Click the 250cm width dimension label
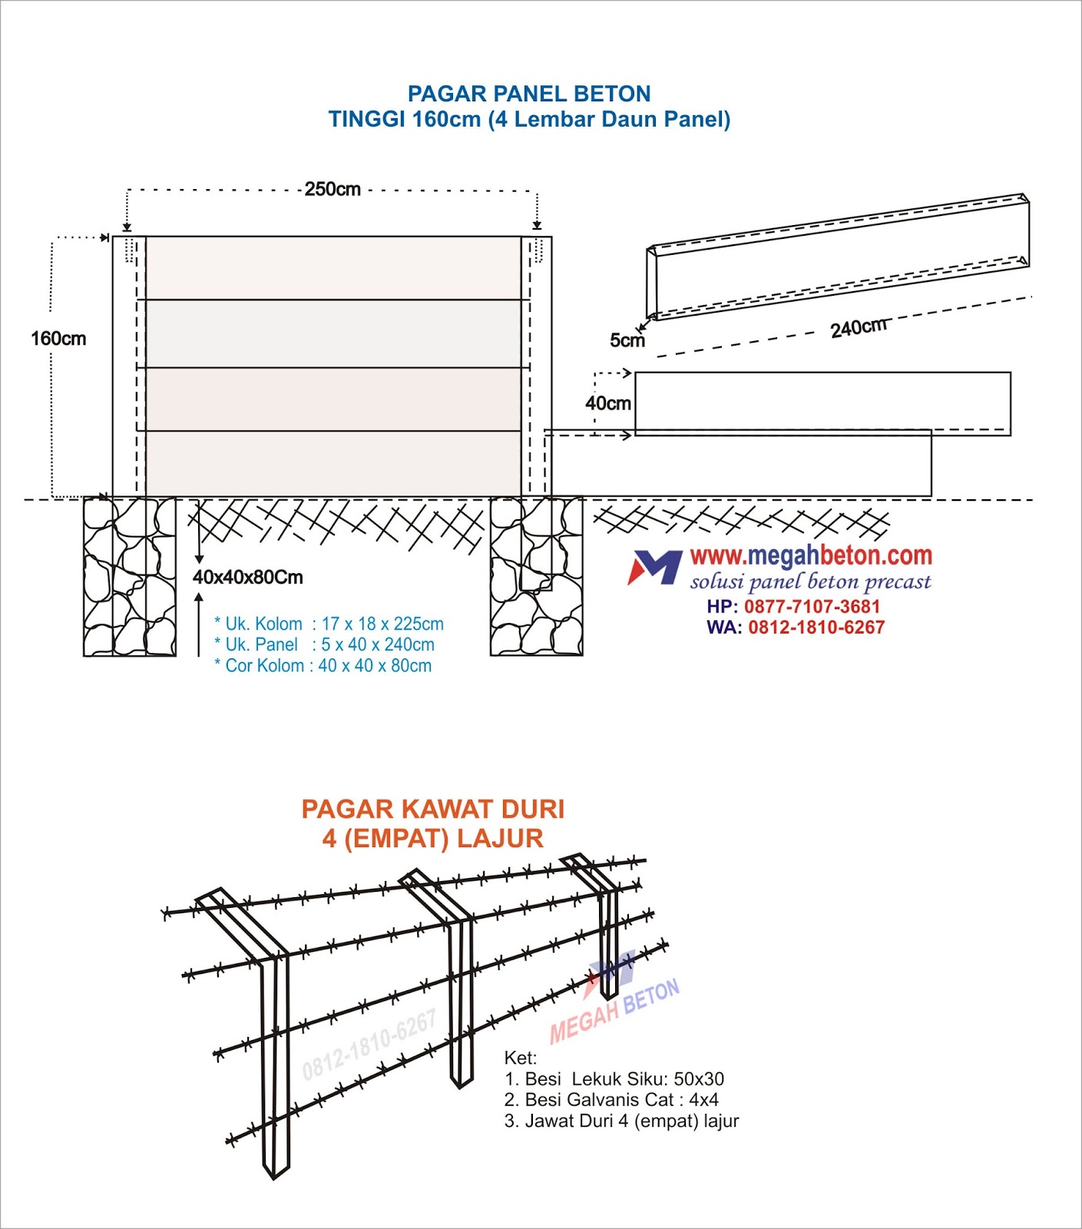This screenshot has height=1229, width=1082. click(x=333, y=189)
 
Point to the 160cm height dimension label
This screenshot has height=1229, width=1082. click(x=58, y=339)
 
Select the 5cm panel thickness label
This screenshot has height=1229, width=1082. click(x=627, y=340)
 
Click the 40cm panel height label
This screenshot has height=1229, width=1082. click(x=608, y=403)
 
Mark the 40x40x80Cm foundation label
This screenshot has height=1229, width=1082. click(x=248, y=577)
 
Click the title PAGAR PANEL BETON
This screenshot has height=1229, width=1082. click(x=529, y=94)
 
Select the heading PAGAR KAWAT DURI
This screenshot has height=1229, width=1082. click(x=432, y=809)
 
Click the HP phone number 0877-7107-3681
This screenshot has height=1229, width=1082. click(x=812, y=606)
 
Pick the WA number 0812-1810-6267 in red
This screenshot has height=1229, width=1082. click(x=816, y=628)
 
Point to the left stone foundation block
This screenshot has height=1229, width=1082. click(x=129, y=577)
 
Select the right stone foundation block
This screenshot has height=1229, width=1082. click(x=536, y=577)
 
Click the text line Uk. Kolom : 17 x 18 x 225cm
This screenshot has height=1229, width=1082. click(x=329, y=624)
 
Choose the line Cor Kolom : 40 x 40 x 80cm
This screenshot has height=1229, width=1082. click(x=323, y=666)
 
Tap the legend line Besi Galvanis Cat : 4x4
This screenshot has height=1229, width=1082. click(x=611, y=1100)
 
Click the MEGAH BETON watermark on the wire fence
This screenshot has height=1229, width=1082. click(x=614, y=1010)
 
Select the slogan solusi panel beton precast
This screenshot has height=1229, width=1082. click(x=810, y=581)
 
